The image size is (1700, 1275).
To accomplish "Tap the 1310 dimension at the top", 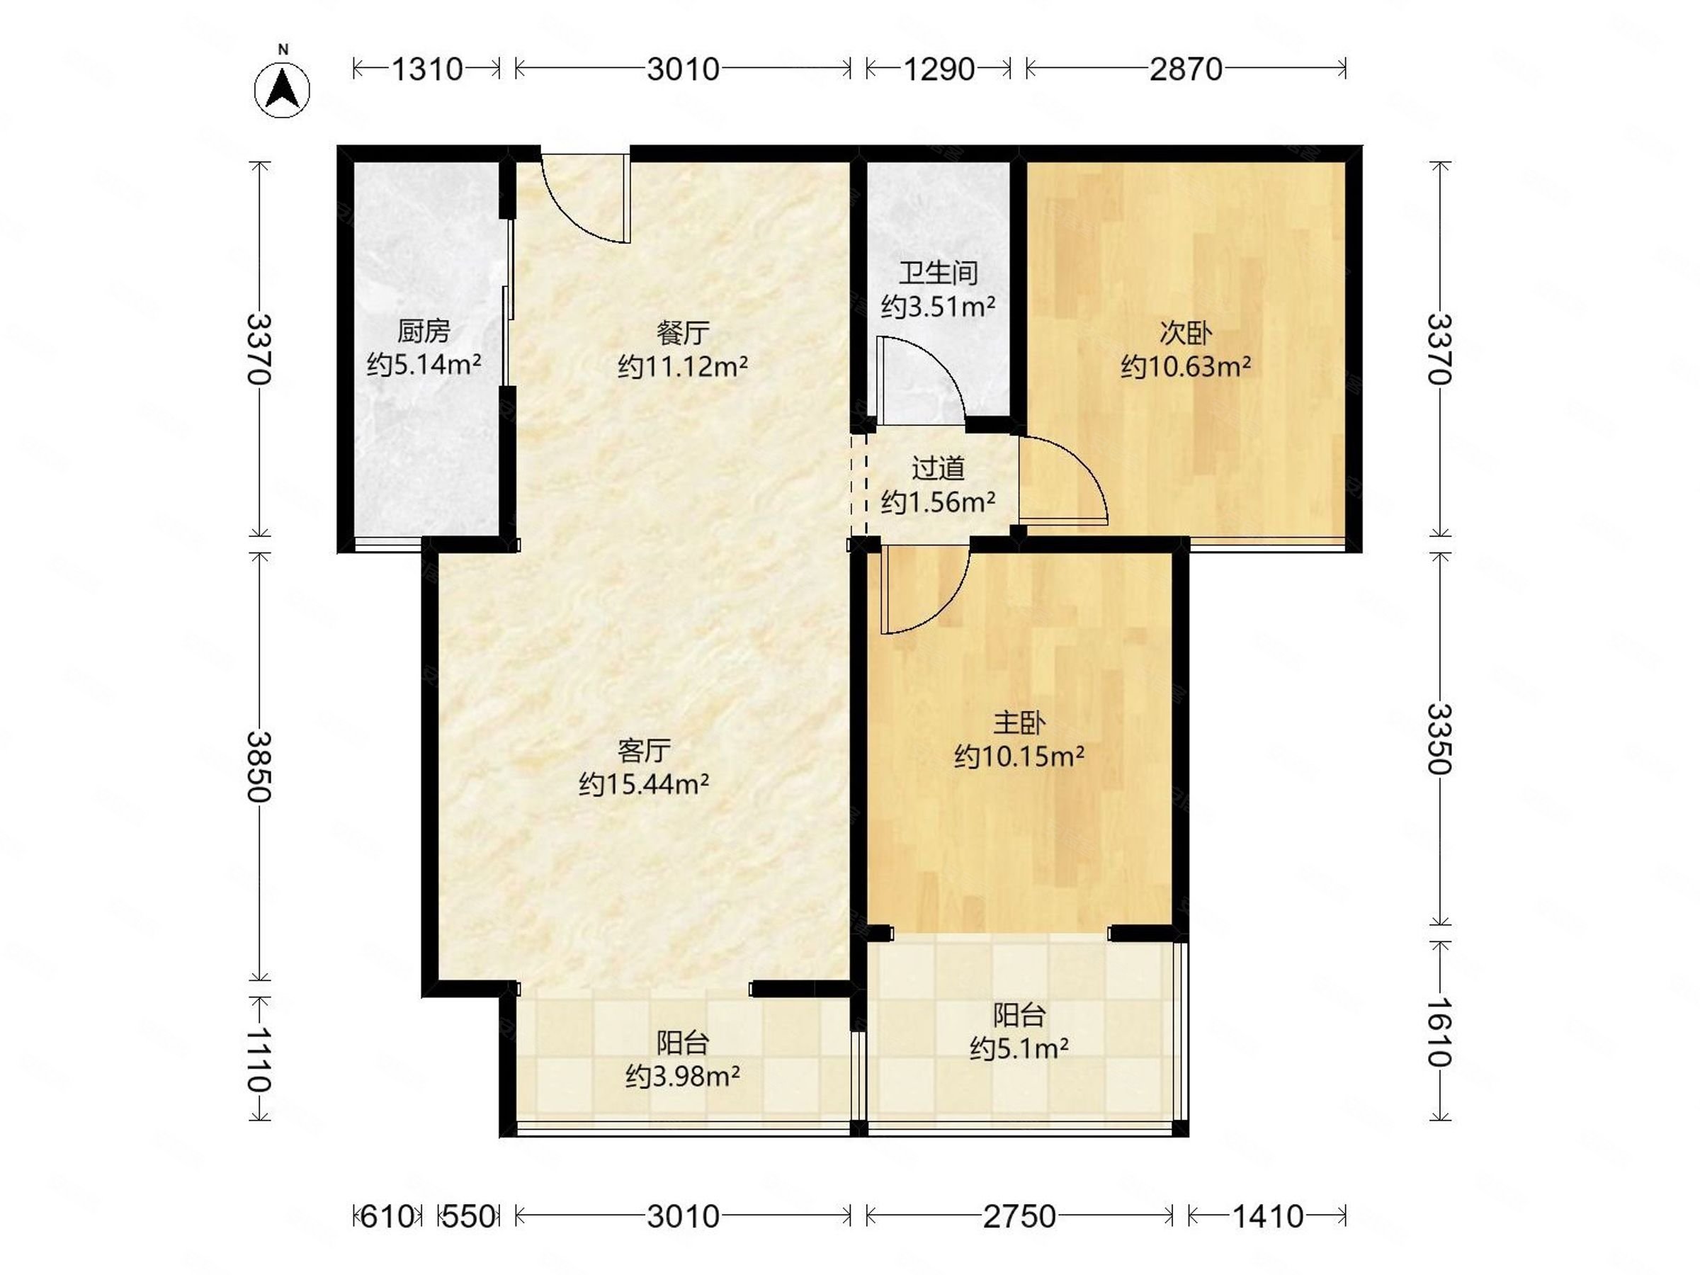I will pyautogui.click(x=427, y=70).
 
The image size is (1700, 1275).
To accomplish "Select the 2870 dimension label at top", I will pyautogui.click(x=1185, y=70).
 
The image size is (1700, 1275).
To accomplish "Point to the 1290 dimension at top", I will pyautogui.click(x=939, y=70).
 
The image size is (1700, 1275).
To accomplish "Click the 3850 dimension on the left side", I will pyautogui.click(x=260, y=766).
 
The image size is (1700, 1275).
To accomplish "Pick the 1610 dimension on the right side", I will pyautogui.click(x=1439, y=1032).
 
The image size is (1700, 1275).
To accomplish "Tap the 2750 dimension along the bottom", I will pyautogui.click(x=1019, y=1217).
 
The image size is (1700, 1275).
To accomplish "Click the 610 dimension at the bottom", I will pyautogui.click(x=387, y=1217).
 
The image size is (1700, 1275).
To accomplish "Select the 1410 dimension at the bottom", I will pyautogui.click(x=1267, y=1217).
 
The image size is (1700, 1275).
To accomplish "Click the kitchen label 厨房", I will pyautogui.click(x=424, y=331).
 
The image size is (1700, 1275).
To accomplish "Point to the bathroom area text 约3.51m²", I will pyautogui.click(x=939, y=307).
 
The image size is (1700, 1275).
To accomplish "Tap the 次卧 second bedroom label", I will pyautogui.click(x=1185, y=333).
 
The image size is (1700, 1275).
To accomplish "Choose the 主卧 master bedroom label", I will pyautogui.click(x=1019, y=722).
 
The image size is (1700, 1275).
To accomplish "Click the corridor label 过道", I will pyautogui.click(x=939, y=468).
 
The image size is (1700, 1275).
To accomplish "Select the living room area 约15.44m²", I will pyautogui.click(x=644, y=785).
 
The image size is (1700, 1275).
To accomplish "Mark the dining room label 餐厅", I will pyautogui.click(x=682, y=333).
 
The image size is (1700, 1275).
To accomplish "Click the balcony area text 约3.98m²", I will pyautogui.click(x=682, y=1077).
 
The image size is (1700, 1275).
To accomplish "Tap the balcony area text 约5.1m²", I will pyautogui.click(x=1019, y=1048).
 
